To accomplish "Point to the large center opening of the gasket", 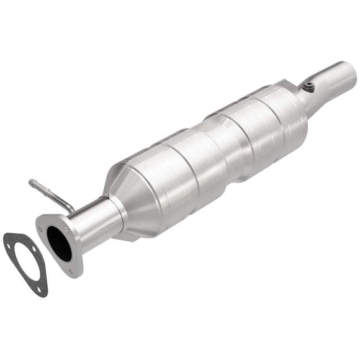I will (x=25, y=261).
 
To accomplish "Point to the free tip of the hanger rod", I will (x=31, y=182).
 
